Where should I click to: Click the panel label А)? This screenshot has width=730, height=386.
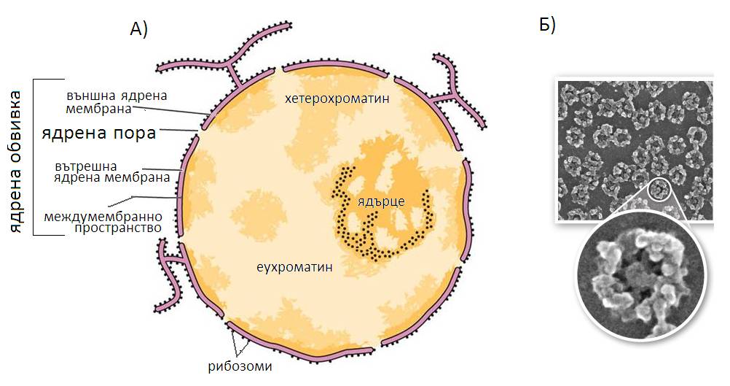tap(138, 29)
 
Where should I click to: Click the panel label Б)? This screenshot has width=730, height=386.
tap(548, 25)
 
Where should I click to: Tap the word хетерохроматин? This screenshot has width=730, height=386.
tap(337, 99)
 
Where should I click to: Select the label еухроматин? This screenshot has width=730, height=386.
tap(295, 267)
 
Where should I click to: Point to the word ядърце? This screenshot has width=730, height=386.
tap(381, 201)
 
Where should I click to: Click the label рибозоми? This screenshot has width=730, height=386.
tap(240, 366)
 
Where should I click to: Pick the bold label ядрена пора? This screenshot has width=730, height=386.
tap(98, 134)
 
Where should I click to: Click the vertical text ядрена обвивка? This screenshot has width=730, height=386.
tap(16, 162)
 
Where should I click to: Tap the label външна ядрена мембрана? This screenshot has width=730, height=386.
tap(117, 102)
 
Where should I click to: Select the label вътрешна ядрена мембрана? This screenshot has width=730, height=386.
tap(111, 171)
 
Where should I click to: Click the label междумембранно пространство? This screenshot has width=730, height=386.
tap(103, 222)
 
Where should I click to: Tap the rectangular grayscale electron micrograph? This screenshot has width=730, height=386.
tap(634, 150)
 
